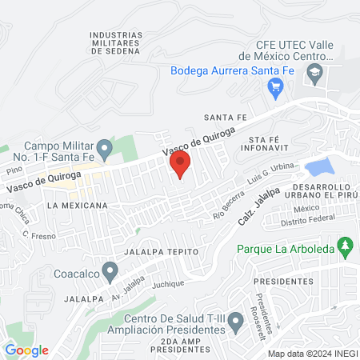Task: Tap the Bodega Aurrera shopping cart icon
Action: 277,87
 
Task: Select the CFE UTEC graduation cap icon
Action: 317,73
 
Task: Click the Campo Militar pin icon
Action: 104,149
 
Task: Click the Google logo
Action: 26,350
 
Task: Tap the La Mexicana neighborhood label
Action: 77,206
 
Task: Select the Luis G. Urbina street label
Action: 273,176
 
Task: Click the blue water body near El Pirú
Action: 319,167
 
